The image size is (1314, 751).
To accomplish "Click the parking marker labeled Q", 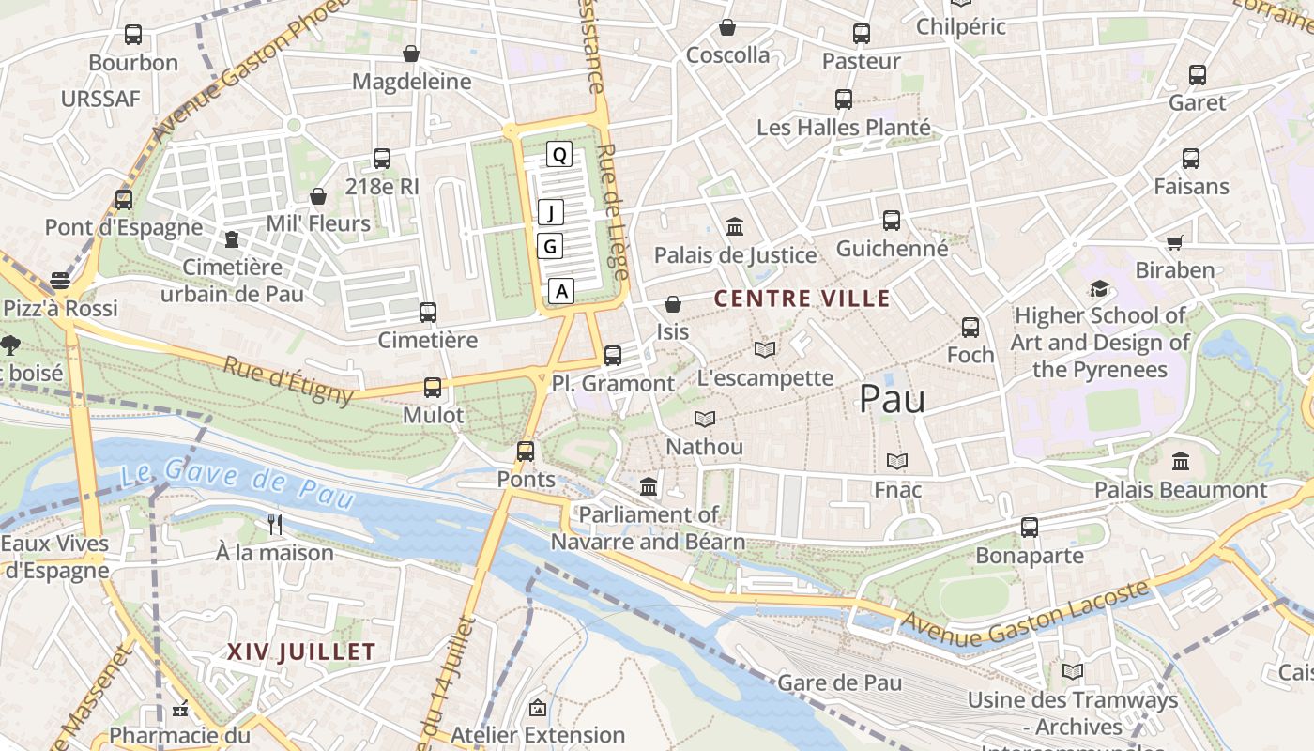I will (x=559, y=155).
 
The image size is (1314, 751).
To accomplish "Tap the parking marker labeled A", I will (x=561, y=291).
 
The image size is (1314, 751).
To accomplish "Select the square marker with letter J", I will (x=551, y=212).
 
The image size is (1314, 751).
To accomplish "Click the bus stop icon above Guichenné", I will (x=891, y=221).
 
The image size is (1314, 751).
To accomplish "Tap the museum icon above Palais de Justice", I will (x=735, y=227).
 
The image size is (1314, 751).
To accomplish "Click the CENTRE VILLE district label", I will (x=802, y=299).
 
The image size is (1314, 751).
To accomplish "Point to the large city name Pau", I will (x=892, y=399).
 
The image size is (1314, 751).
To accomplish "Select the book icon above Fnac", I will (x=897, y=462).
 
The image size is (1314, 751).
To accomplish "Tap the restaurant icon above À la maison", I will (x=275, y=525).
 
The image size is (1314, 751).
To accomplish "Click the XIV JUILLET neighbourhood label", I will (x=301, y=651).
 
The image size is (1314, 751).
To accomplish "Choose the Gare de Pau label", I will (x=840, y=682).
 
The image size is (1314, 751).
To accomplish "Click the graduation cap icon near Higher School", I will (x=1099, y=288).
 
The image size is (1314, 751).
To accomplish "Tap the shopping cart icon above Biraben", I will (x=1174, y=243).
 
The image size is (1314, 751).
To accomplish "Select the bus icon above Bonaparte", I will (x=1030, y=528).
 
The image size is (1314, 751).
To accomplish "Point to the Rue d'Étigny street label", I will (x=287, y=379).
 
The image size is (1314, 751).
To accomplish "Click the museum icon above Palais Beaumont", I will (x=1181, y=462).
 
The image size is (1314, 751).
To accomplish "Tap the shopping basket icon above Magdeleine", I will (x=410, y=54).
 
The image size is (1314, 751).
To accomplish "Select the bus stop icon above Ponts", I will (x=526, y=452).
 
